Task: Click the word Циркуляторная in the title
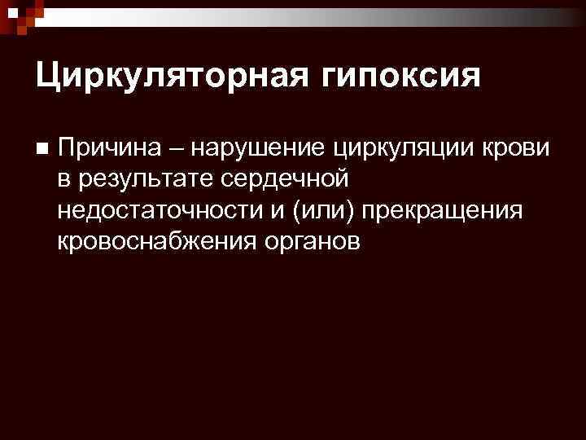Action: click(168, 77)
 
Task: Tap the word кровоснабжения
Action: click(157, 241)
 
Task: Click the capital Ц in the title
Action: click(47, 77)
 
